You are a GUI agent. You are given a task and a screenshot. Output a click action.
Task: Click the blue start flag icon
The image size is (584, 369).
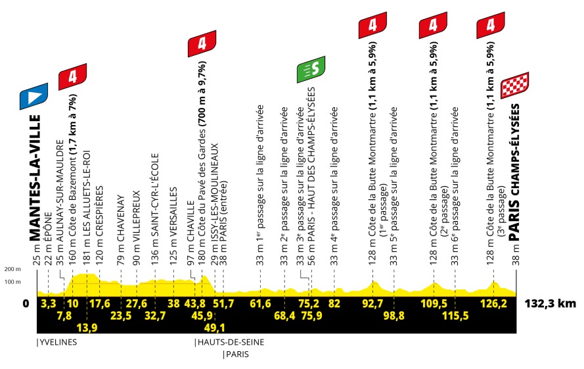pyautogui.click(x=34, y=96)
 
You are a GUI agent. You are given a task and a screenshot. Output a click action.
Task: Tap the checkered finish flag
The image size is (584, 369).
pyautogui.click(x=515, y=86)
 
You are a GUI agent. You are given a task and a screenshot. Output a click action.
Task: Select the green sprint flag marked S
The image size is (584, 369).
pyautogui.click(x=311, y=70)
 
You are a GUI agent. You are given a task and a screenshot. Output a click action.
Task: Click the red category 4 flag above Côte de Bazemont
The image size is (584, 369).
pyautogui.click(x=73, y=77)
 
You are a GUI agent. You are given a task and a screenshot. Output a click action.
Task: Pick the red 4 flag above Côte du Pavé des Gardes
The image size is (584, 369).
pyautogui.click(x=202, y=43)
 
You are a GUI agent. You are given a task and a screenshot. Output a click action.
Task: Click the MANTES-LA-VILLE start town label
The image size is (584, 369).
pyautogui.click(x=35, y=178)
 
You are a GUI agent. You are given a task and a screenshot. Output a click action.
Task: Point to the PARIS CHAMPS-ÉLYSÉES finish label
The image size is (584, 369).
pyautogui.click(x=514, y=172)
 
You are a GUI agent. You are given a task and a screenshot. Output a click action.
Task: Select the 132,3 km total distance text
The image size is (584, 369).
pyautogui.click(x=550, y=303)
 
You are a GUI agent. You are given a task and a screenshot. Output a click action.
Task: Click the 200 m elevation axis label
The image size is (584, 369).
pyautogui.click(x=12, y=269)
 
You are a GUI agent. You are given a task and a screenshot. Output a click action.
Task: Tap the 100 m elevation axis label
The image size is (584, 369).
pyautogui.click(x=12, y=282)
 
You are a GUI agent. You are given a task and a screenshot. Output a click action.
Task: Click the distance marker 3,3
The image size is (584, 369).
pyautogui.click(x=49, y=303)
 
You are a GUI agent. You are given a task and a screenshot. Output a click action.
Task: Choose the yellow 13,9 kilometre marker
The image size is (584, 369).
pyautogui.click(x=87, y=328)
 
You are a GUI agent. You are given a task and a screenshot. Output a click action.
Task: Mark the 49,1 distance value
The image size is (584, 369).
pyautogui.click(x=215, y=328)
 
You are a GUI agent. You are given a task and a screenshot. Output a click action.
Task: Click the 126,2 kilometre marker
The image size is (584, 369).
pyautogui.click(x=494, y=303)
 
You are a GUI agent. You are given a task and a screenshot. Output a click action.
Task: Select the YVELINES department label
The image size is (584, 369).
pyautogui.click(x=58, y=342)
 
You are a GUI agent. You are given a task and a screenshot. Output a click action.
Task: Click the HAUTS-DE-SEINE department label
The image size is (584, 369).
pyautogui.click(x=231, y=342)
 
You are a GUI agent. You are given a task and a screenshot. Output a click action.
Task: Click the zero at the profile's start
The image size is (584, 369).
pyautogui.click(x=26, y=303)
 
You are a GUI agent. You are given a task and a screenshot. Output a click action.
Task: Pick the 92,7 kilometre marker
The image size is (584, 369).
pyautogui.click(x=372, y=303)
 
